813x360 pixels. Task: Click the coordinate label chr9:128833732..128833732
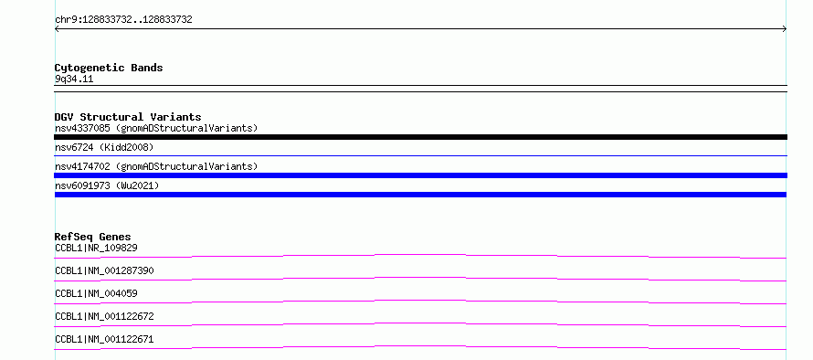tap(123, 20)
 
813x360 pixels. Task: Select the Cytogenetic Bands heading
tap(109, 68)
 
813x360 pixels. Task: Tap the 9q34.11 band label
tap(74, 79)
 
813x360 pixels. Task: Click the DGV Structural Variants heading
tap(128, 117)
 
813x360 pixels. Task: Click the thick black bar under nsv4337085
tap(420, 137)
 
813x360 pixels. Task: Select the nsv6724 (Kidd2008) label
tap(104, 147)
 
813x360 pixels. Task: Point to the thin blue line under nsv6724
tap(420, 155)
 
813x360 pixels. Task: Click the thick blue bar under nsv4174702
tap(420, 175)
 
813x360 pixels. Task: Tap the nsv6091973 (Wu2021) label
tap(107, 185)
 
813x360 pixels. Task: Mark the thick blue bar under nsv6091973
tap(420, 195)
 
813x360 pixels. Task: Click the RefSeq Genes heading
tap(93, 237)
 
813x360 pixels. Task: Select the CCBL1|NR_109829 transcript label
tap(96, 248)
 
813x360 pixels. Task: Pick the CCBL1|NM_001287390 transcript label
tap(104, 270)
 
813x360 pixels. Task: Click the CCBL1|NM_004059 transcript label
tap(96, 293)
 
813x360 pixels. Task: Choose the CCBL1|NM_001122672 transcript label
tap(104, 316)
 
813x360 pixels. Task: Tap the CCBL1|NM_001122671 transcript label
tap(104, 339)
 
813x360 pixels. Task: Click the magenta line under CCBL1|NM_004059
tap(420, 301)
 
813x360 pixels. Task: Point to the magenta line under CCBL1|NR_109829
tap(420, 255)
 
